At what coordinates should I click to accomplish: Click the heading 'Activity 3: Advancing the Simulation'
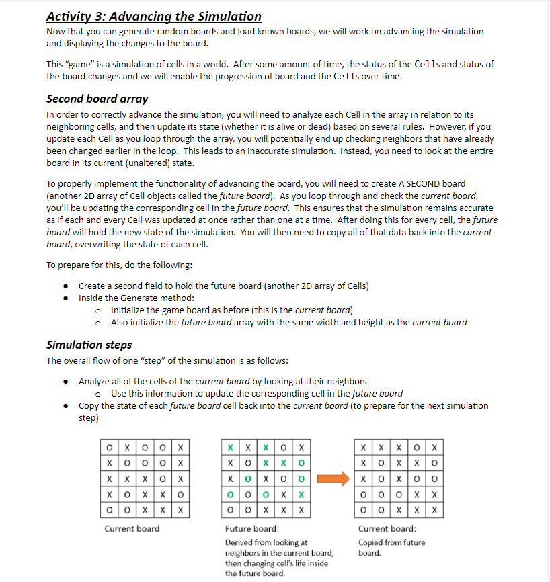click(x=154, y=16)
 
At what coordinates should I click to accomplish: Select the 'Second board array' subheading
click(x=97, y=99)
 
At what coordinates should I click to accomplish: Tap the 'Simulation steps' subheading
click(x=89, y=345)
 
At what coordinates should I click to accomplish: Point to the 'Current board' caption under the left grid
click(x=132, y=529)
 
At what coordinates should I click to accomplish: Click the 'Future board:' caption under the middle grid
click(x=247, y=529)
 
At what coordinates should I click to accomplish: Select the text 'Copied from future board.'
click(x=391, y=548)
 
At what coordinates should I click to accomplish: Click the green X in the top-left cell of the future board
click(x=231, y=447)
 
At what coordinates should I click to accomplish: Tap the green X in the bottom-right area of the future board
click(x=301, y=495)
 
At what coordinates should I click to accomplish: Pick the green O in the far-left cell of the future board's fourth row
click(x=231, y=495)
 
